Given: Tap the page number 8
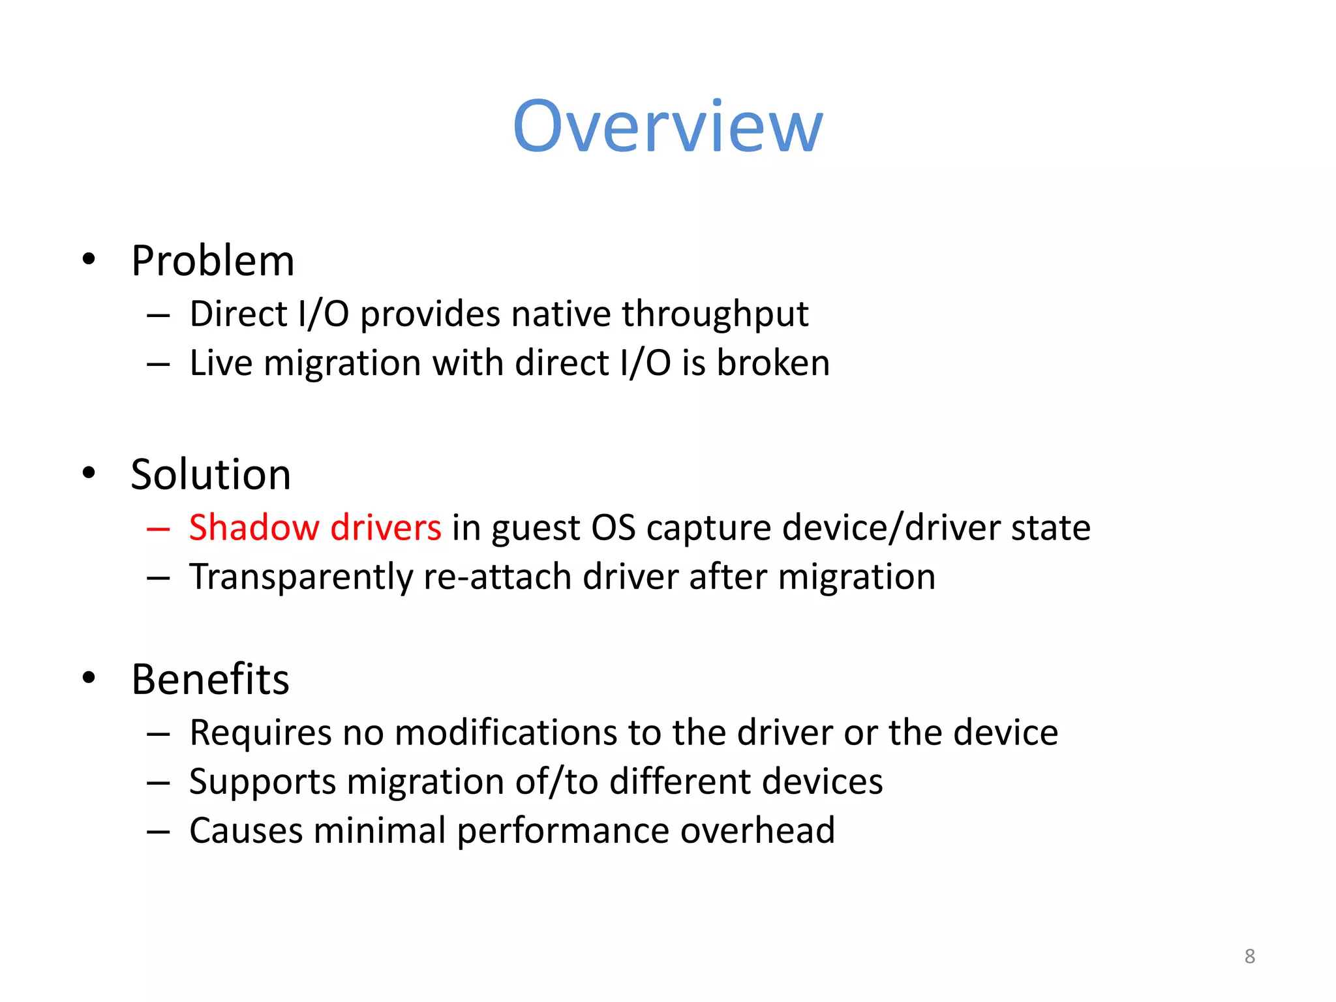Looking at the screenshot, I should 1249,956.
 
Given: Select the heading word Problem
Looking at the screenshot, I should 213,261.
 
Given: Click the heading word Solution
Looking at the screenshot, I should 211,474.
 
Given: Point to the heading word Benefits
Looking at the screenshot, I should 210,679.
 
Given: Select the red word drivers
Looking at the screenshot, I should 386,527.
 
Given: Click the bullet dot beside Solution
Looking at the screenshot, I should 89,473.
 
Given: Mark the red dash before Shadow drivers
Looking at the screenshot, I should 159,528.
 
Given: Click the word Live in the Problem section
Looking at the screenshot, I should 220,363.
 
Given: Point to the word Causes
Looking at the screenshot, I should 246,830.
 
